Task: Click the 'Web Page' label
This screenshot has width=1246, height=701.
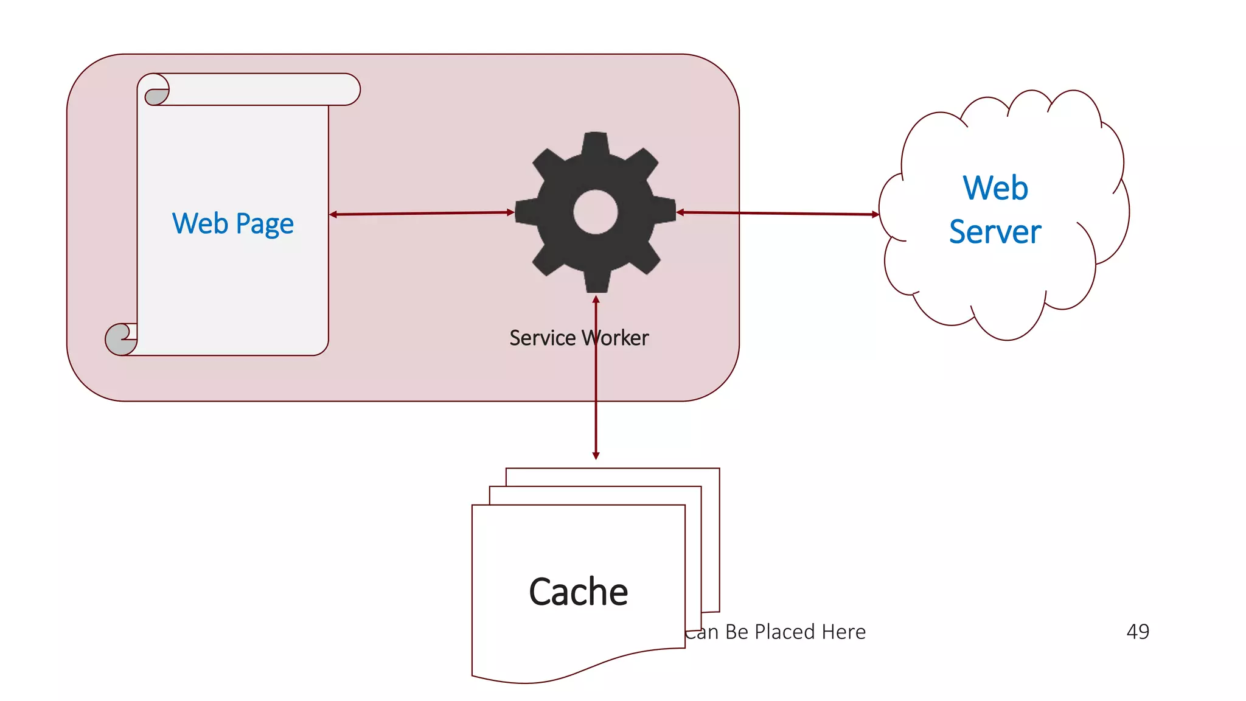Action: click(232, 223)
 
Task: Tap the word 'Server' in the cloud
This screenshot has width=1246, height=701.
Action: click(995, 232)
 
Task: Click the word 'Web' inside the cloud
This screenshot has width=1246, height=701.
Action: click(995, 188)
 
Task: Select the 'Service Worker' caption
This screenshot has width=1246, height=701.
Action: click(579, 338)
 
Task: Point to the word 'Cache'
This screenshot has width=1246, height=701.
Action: click(578, 591)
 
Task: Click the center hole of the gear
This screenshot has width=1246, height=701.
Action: click(595, 212)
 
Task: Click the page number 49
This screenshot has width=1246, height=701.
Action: click(1138, 632)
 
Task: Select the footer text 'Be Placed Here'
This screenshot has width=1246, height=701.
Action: click(795, 632)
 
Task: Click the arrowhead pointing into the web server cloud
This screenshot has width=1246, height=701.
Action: click(875, 214)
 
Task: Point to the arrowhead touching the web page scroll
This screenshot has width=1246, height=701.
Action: click(333, 214)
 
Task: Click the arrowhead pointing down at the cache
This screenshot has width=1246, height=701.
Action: click(596, 455)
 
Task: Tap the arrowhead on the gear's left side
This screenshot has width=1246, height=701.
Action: click(510, 212)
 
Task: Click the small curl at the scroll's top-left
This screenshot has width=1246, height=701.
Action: click(156, 96)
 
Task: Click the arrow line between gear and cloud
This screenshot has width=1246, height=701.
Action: click(779, 213)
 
